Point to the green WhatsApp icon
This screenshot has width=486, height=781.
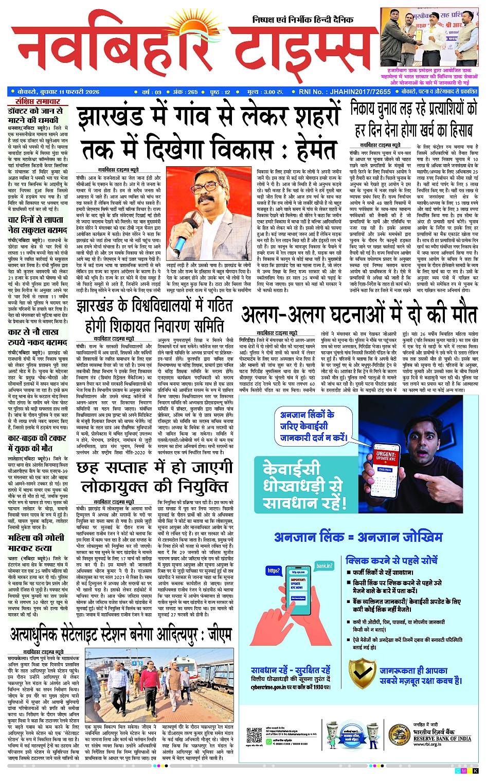point(268,741)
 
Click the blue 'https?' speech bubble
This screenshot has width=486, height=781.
point(274,570)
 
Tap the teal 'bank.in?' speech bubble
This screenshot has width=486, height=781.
point(324,565)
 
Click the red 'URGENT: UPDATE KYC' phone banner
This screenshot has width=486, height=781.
point(386,457)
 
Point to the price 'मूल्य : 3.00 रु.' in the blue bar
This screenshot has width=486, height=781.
point(265,92)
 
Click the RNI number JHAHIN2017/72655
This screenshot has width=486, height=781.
point(345,92)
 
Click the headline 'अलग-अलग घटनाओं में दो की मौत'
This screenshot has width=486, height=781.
point(359,314)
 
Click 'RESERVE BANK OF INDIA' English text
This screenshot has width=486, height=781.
point(442,738)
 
